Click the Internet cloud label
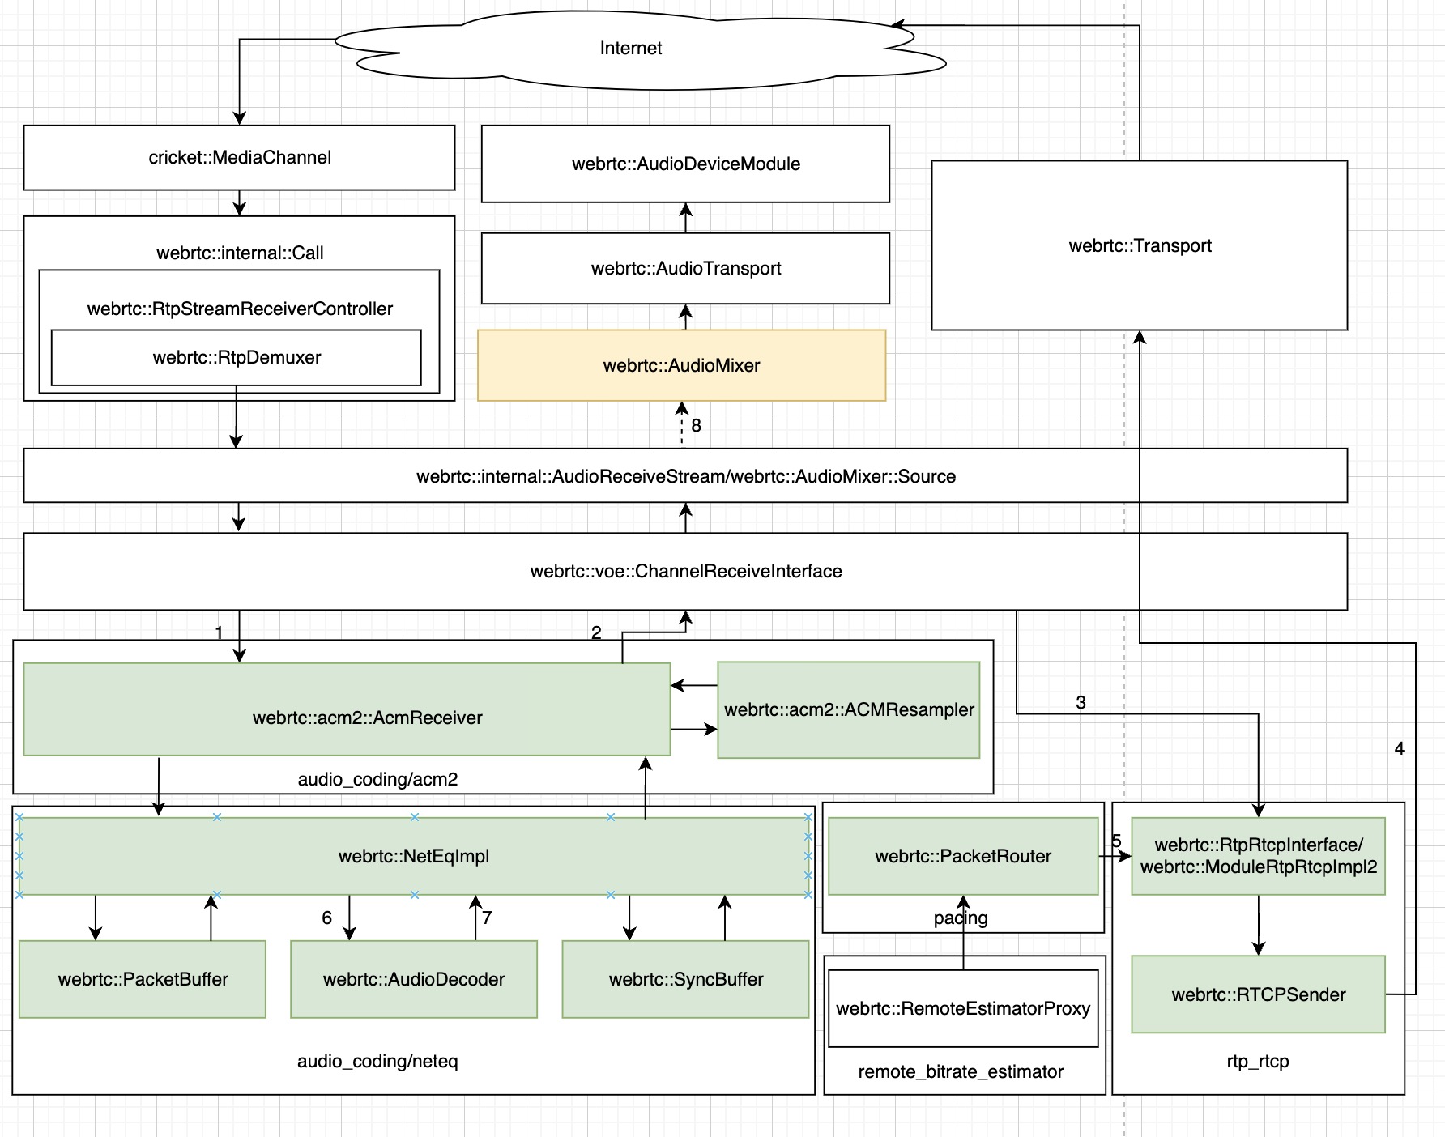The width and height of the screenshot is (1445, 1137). pos(630,49)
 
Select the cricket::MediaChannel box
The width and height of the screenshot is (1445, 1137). pos(239,158)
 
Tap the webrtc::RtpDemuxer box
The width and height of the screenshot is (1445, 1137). pos(236,358)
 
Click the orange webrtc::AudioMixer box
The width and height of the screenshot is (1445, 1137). pos(681,366)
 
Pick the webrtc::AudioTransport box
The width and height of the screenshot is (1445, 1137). pos(685,269)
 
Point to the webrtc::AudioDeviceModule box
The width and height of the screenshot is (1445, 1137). pos(685,164)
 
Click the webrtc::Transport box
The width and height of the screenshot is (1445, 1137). pos(1139,246)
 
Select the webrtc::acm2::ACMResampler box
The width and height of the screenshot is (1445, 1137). pos(848,710)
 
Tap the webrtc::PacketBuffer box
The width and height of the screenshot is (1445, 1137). pos(143,980)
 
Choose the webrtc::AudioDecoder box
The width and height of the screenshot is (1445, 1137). pos(413,980)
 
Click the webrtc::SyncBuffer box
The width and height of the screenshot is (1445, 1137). pos(685,980)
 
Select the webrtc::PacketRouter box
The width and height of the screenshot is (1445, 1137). pos(962,857)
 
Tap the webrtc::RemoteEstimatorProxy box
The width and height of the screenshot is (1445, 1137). pos(962,1009)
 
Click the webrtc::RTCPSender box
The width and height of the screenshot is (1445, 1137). pos(1258,995)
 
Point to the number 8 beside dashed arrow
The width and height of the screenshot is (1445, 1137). pos(696,426)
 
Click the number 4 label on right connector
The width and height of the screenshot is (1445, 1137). pos(1399,749)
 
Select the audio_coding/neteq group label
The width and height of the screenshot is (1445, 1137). pos(377,1062)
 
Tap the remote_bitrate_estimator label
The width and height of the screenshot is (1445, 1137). pos(960,1072)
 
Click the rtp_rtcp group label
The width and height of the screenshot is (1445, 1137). pos(1257,1062)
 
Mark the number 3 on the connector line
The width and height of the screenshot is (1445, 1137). pos(1081,703)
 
